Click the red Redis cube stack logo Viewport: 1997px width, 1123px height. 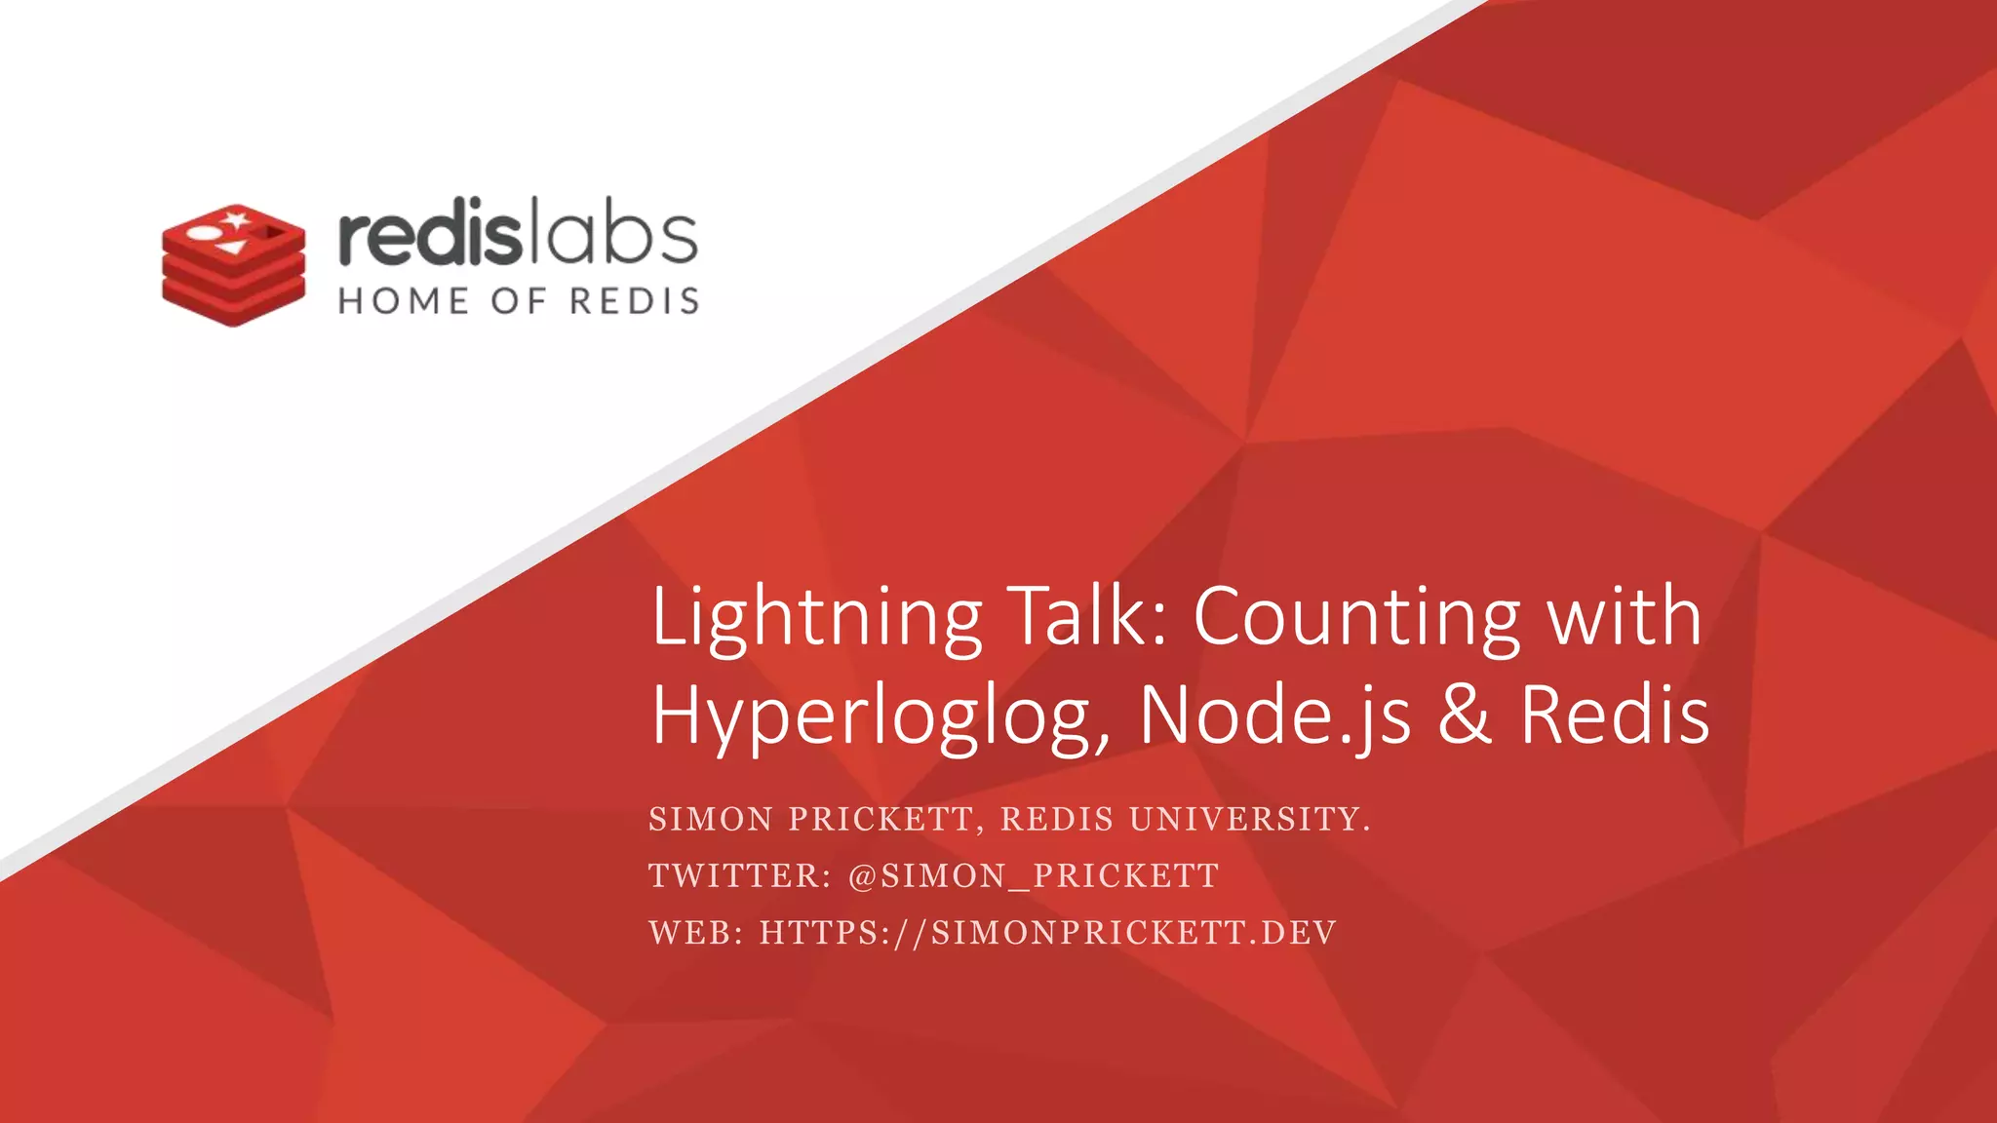point(234,265)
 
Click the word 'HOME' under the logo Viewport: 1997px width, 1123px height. point(404,301)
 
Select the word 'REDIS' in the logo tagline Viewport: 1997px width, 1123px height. point(635,301)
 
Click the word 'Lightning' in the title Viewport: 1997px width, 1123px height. point(816,618)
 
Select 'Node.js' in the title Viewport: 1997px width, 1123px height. point(1275,716)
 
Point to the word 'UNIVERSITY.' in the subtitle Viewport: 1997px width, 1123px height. point(1250,820)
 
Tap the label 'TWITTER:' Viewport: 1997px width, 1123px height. point(740,876)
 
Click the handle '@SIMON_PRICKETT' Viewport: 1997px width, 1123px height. point(1034,876)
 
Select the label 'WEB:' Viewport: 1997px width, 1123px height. point(696,933)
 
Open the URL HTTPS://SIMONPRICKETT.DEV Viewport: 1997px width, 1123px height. point(1048,933)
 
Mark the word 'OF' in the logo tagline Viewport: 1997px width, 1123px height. point(519,301)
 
